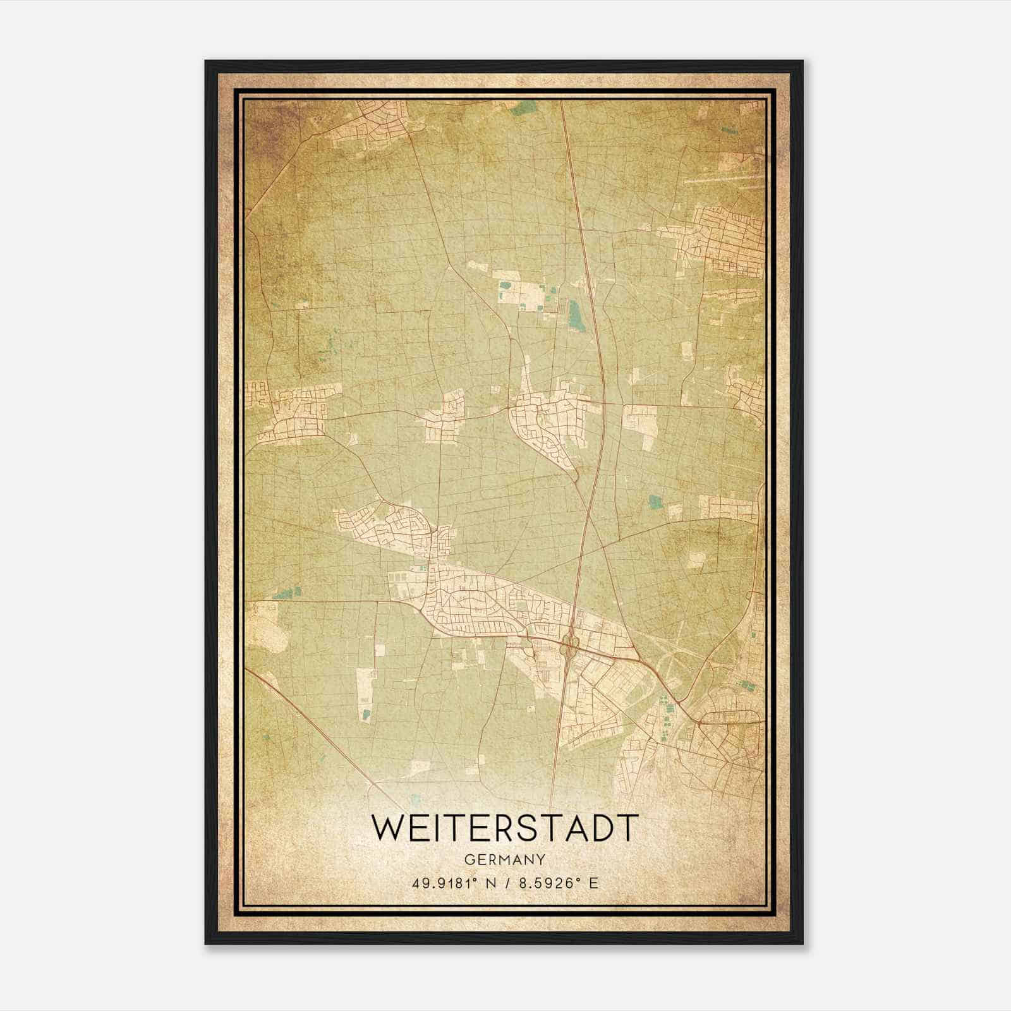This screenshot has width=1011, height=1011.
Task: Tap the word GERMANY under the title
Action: point(504,860)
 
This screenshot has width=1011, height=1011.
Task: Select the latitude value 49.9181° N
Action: point(454,883)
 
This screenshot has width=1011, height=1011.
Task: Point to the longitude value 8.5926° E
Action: point(558,883)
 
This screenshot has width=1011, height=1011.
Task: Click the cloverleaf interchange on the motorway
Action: point(569,645)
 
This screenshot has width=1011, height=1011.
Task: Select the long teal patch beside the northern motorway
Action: point(575,314)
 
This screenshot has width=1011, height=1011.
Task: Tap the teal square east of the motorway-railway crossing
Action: point(655,502)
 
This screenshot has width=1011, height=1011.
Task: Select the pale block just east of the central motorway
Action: point(640,427)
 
